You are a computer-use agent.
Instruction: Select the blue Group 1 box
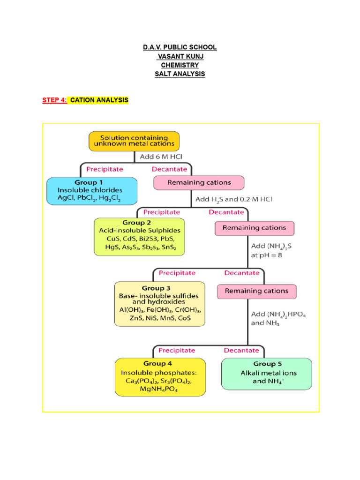tap(92, 190)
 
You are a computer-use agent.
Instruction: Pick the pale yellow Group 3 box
tap(160, 303)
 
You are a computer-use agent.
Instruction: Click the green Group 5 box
tap(266, 374)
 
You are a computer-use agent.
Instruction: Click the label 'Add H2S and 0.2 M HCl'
tap(233, 199)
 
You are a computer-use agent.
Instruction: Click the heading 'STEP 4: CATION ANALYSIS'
tap(85, 100)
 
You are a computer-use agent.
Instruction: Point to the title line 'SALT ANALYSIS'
tap(180, 74)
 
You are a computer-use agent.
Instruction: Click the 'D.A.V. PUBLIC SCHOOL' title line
tap(180, 47)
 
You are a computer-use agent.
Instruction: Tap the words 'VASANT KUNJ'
tap(180, 56)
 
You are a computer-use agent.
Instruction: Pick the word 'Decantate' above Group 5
tap(241, 350)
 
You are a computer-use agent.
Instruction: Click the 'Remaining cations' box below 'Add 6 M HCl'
tap(199, 182)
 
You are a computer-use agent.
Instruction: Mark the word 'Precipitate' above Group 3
tap(177, 272)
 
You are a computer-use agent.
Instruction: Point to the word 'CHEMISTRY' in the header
tap(180, 65)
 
